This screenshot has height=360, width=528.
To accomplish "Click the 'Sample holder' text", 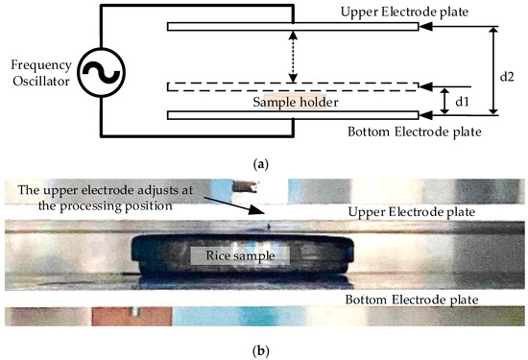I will [292, 101].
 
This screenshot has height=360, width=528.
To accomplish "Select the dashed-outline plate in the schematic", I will [292, 86].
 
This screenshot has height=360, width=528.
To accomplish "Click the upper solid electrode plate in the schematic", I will [292, 27].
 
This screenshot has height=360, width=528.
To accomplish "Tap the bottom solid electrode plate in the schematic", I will [292, 115].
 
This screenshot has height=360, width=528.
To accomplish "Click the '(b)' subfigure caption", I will [264, 350].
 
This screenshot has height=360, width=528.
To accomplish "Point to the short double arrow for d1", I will [443, 100].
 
